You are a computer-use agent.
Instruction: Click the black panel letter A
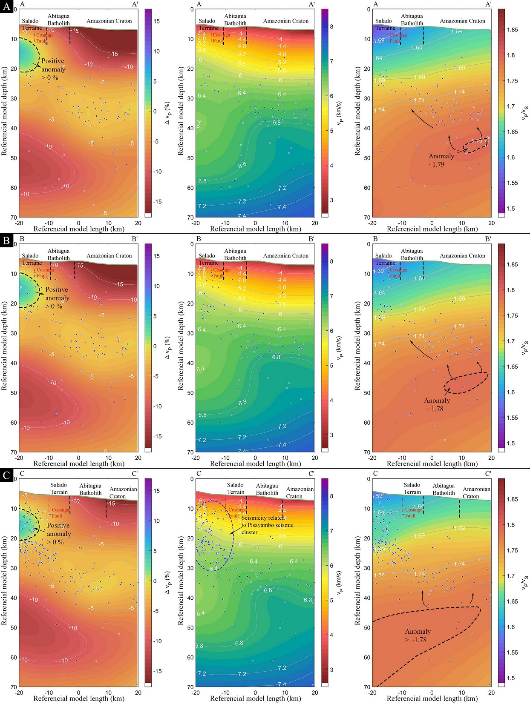(6, 7)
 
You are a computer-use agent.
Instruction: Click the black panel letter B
(6, 241)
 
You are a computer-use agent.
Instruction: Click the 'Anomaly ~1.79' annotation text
(441, 160)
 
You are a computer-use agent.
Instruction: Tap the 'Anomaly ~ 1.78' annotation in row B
(437, 404)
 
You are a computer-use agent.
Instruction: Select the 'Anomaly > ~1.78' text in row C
(418, 635)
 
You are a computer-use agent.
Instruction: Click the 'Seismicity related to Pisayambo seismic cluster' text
(267, 525)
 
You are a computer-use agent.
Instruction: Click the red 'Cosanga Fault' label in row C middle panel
(237, 512)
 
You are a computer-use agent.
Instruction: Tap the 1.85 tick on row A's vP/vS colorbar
(513, 30)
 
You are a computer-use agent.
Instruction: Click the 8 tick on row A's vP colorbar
(331, 26)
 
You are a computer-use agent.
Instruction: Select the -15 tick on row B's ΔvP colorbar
(157, 436)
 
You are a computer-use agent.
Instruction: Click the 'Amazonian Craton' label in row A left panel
(109, 21)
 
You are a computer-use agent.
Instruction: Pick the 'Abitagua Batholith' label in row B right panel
(412, 255)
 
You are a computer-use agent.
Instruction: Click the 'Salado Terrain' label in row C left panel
(59, 489)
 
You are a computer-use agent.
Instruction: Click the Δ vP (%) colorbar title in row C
(167, 581)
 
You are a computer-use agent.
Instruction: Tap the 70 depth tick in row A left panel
(13, 217)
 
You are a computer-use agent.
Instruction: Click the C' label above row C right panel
(487, 474)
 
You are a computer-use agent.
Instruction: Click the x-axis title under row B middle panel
(255, 464)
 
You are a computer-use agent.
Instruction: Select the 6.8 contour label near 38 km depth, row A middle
(277, 123)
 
